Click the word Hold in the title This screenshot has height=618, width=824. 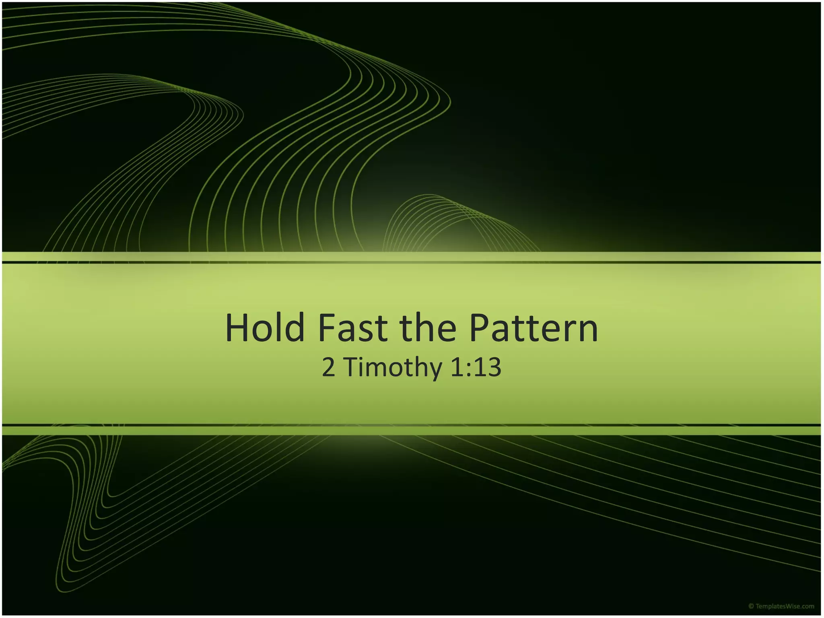tap(265, 328)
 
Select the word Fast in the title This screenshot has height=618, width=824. tap(353, 328)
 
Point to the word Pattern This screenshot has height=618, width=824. tap(534, 328)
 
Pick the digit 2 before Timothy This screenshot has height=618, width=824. tap(328, 367)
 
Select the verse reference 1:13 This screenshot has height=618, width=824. tap(476, 367)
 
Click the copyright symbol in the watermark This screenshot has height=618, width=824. tap(751, 606)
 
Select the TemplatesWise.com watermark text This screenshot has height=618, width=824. tap(785, 606)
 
